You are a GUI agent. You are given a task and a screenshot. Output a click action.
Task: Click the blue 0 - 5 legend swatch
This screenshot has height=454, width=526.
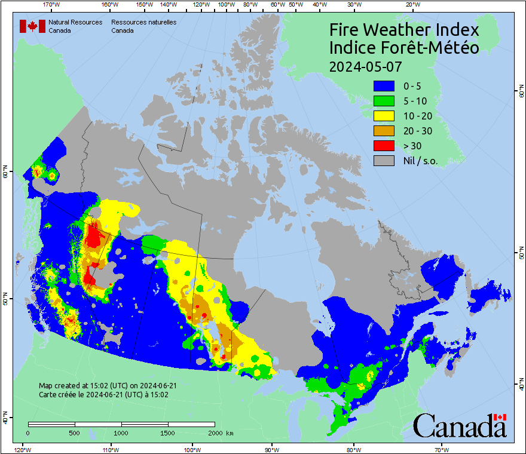pyautogui.click(x=384, y=86)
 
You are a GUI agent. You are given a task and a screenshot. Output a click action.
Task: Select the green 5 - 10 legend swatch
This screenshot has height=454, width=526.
pyautogui.click(x=384, y=101)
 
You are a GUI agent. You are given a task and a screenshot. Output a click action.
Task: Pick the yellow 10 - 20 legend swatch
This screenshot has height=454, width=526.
pyautogui.click(x=384, y=116)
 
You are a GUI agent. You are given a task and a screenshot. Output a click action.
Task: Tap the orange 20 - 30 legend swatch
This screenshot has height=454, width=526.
pyautogui.click(x=384, y=131)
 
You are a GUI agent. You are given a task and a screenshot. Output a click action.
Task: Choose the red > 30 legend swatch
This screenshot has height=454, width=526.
pyautogui.click(x=384, y=146)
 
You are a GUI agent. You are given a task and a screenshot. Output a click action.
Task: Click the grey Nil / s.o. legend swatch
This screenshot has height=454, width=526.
pyautogui.click(x=384, y=161)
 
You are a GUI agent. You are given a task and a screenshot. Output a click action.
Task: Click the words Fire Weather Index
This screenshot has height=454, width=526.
pyautogui.click(x=405, y=30)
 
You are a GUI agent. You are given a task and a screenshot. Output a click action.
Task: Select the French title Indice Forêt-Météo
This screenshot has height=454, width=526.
pyautogui.click(x=405, y=48)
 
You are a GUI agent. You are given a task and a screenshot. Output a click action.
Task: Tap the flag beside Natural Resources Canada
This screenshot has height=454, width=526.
pyautogui.click(x=33, y=26)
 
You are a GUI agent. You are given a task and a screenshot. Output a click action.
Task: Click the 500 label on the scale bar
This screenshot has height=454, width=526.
pyautogui.click(x=75, y=432)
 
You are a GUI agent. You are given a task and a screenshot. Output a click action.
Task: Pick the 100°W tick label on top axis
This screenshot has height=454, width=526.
pyautogui.click(x=226, y=5)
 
